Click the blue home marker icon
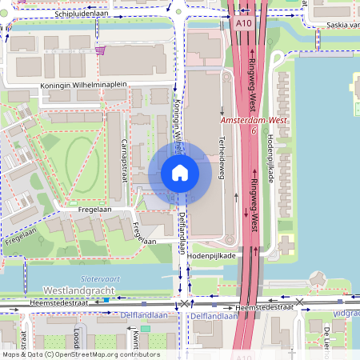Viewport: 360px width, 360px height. coord(180,173)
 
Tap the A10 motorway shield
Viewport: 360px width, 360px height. coord(244,24)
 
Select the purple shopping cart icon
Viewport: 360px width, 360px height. coord(100,50)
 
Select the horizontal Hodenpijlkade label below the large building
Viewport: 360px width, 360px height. coord(212,255)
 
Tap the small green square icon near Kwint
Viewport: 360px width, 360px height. coord(145,329)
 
